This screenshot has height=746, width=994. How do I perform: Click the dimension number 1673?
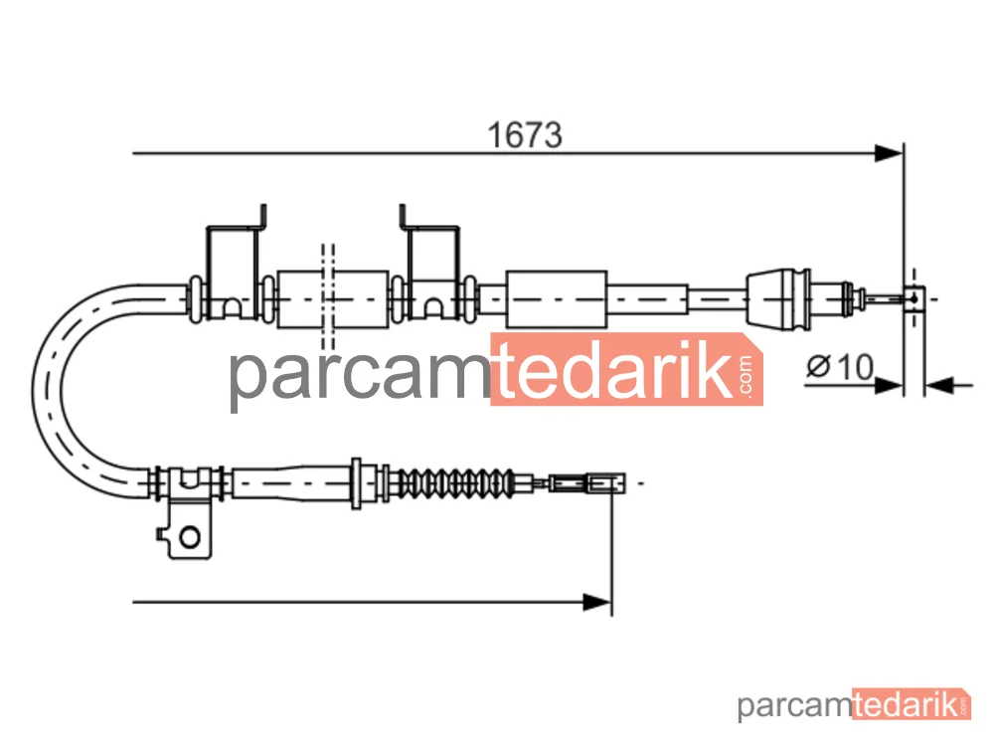click(524, 135)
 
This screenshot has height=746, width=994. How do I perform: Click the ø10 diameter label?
click(840, 367)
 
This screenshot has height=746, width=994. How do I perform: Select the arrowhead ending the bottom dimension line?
click(597, 602)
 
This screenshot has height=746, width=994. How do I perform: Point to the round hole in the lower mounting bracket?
click(190, 537)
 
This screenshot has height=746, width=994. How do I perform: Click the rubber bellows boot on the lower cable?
click(453, 483)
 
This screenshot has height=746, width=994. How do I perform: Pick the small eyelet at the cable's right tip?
click(914, 298)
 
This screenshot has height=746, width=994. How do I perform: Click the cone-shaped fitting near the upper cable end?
click(779, 298)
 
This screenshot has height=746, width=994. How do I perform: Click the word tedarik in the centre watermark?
click(613, 369)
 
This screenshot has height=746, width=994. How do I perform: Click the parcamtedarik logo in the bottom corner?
click(854, 704)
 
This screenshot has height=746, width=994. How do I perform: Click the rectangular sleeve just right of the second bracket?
click(556, 298)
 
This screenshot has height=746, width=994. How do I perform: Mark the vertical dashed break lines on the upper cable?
click(328, 296)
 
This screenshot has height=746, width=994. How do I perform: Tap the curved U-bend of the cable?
click(48, 388)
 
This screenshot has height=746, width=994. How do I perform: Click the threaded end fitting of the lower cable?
click(586, 483)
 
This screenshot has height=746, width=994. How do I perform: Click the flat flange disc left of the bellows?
click(356, 483)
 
